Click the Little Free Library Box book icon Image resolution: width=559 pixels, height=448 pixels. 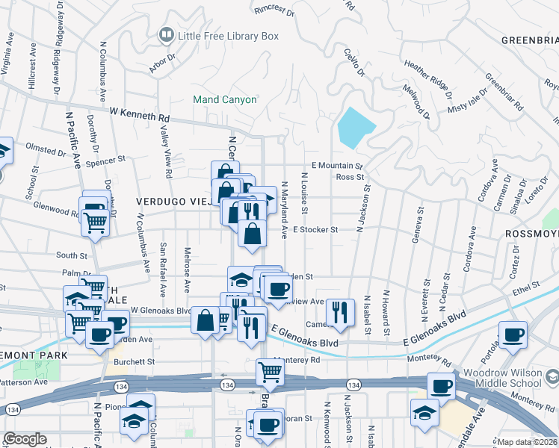[166, 35]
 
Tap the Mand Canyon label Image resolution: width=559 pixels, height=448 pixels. [224, 99]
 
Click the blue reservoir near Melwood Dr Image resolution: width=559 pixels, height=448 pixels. [356, 127]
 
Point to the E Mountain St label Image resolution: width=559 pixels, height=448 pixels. [337, 167]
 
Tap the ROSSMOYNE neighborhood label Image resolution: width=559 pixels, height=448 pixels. [534, 233]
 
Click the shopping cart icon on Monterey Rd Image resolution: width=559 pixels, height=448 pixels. [270, 371]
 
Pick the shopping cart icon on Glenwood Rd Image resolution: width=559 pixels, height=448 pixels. [95, 221]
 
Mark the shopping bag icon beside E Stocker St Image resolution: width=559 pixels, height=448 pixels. [253, 233]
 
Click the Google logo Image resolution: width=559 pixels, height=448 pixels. [25, 439]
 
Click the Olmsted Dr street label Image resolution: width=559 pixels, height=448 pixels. [46, 151]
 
